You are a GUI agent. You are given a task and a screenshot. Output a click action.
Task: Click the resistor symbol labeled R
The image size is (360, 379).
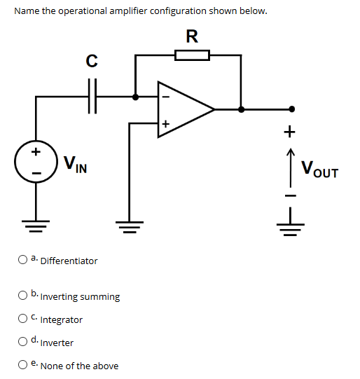tap(191, 55)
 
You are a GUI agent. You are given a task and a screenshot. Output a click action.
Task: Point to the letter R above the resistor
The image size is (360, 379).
tap(191, 36)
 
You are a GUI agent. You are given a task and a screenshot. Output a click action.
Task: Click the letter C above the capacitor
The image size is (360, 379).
tap(91, 62)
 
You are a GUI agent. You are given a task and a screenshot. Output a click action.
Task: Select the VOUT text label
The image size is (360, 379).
tap(319, 169)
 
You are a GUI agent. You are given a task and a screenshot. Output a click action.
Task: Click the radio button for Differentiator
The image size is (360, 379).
tap(23, 260)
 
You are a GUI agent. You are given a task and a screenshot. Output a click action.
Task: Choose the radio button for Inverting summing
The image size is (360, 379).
tap(23, 296)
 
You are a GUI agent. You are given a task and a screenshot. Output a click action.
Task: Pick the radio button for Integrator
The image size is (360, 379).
tap(23, 319)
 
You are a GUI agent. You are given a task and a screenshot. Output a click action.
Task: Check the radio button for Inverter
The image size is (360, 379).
tap(23, 342)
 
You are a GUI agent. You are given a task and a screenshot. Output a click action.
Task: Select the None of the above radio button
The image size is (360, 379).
tap(23, 365)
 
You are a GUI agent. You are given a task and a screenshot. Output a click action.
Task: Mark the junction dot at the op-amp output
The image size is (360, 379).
tap(241, 109)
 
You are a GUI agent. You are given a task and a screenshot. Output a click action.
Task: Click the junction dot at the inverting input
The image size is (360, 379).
tap(136, 97)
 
